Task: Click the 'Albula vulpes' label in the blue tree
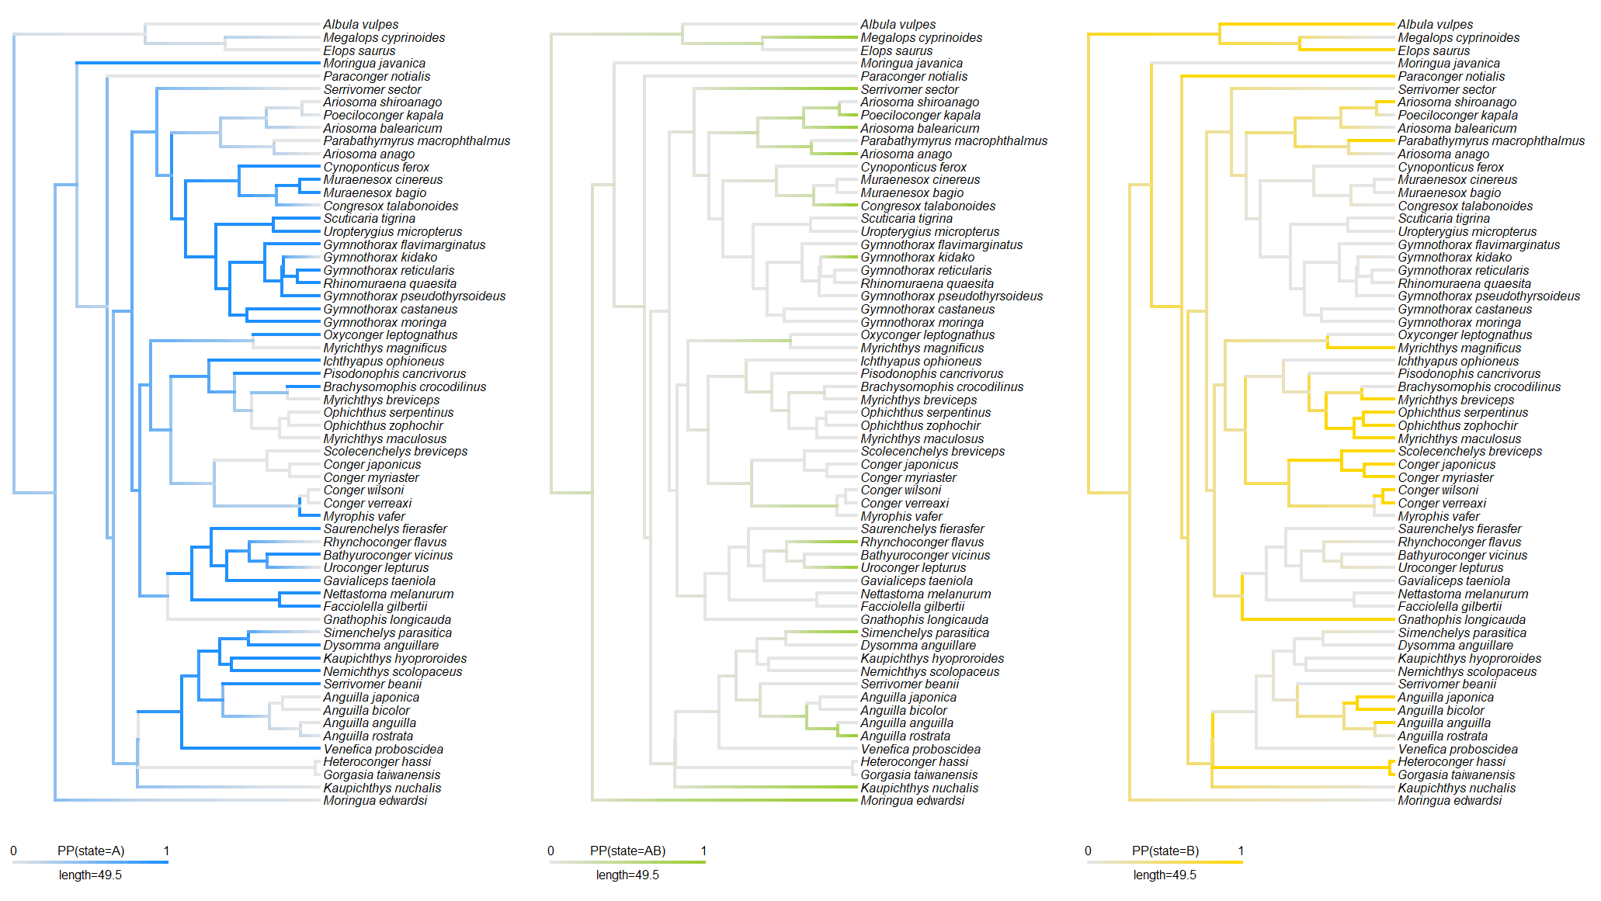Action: (x=360, y=25)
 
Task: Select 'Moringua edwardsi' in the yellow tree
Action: (x=1450, y=801)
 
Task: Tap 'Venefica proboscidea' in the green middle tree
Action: (x=920, y=750)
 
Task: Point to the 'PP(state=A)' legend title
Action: (x=91, y=851)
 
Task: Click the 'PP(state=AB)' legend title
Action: (x=627, y=851)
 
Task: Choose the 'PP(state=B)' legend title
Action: (x=1165, y=851)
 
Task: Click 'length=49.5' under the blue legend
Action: (x=90, y=875)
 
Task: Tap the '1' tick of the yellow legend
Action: (x=1241, y=851)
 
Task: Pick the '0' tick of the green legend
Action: (x=550, y=851)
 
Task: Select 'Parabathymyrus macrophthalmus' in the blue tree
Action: (x=416, y=141)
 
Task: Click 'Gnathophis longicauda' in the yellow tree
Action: (x=1461, y=620)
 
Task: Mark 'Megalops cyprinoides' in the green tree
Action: (x=921, y=38)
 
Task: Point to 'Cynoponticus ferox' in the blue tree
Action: (x=376, y=168)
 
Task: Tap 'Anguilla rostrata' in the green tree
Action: (x=905, y=736)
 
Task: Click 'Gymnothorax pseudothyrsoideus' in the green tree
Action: (x=951, y=296)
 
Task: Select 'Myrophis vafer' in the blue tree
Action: (x=364, y=517)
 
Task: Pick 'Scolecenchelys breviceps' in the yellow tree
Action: (x=1470, y=452)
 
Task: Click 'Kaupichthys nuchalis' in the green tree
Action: (x=919, y=788)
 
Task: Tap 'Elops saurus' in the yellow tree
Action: (x=1433, y=51)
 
